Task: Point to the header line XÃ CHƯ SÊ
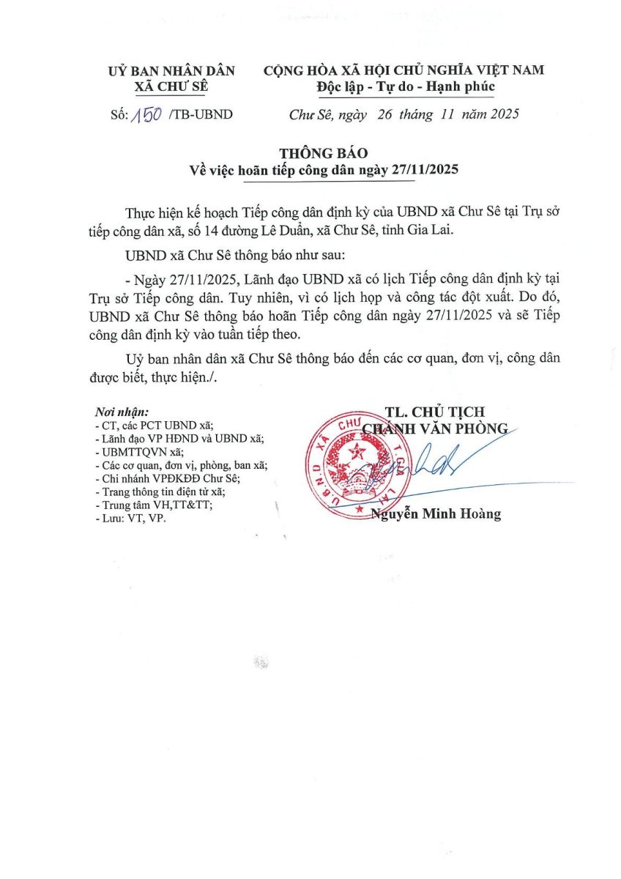pos(171,86)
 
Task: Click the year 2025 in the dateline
pos(504,114)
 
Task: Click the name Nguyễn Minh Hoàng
pos(436,514)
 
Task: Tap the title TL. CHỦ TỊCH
pos(435,412)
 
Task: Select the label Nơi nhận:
pos(122,412)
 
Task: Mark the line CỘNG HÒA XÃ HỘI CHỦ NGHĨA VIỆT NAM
pos(404,70)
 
